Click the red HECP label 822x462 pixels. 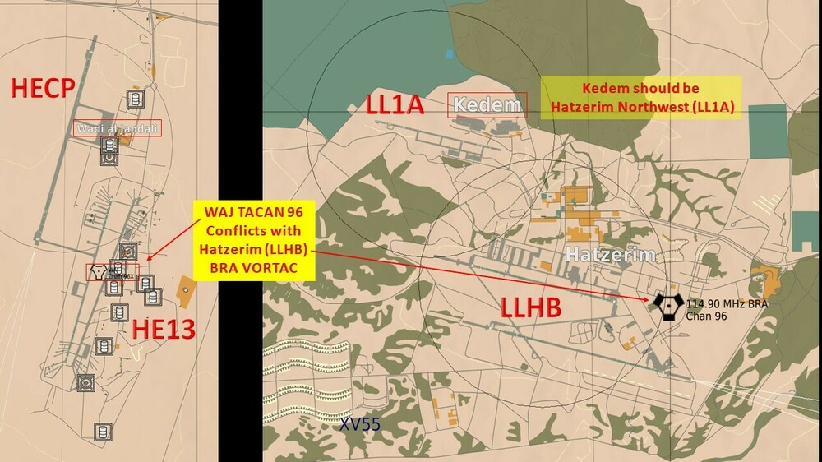pyautogui.click(x=43, y=89)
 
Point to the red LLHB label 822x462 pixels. pyautogui.click(x=531, y=308)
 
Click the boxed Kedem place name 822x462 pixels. pyautogui.click(x=487, y=105)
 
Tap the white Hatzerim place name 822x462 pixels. pyautogui.click(x=610, y=255)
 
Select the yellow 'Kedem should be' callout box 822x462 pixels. pyautogui.click(x=641, y=98)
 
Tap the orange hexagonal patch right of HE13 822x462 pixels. pyautogui.click(x=185, y=289)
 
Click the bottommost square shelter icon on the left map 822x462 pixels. pyautogui.click(x=102, y=431)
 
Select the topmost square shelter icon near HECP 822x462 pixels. pyautogui.click(x=134, y=100)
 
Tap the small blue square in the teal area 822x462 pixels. pyautogui.click(x=450, y=53)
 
